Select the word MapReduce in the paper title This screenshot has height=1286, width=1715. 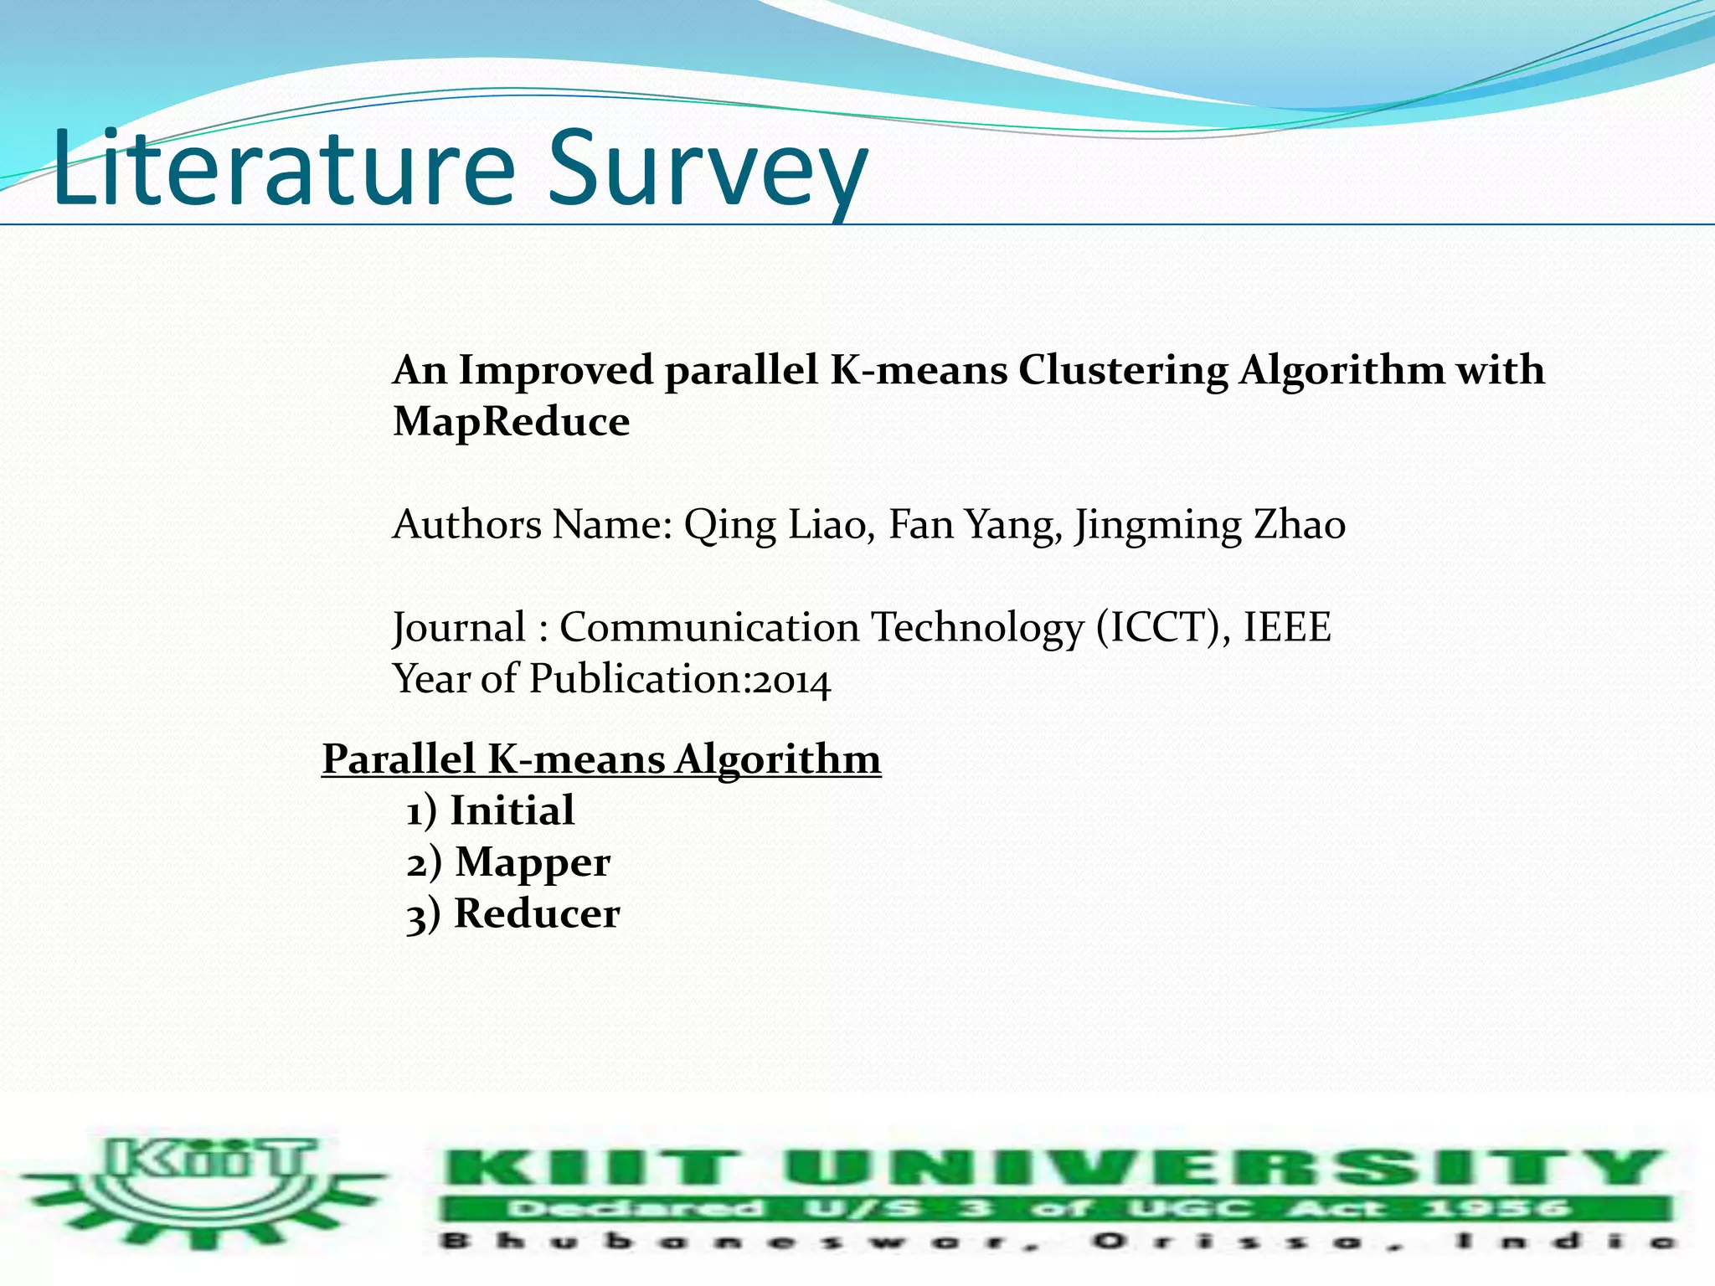[511, 421]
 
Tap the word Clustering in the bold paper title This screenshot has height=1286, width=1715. [1122, 371]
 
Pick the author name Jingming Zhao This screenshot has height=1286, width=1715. [1210, 526]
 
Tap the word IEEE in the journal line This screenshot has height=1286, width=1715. [1287, 628]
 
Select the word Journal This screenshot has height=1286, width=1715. [460, 628]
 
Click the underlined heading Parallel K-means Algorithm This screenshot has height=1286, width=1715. [601, 759]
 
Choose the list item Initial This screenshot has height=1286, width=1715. [512, 810]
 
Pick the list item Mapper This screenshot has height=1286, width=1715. [533, 862]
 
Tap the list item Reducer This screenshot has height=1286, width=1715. [536, 913]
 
